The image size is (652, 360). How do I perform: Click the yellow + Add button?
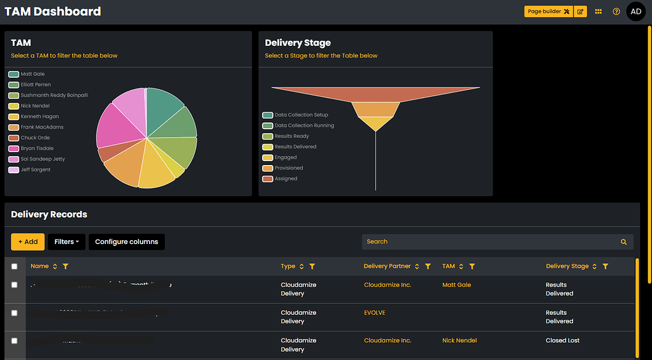pyautogui.click(x=27, y=242)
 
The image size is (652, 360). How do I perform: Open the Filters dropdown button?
pyautogui.click(x=66, y=242)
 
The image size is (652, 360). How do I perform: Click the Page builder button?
pyautogui.click(x=547, y=11)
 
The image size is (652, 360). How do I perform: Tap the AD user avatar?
pyautogui.click(x=635, y=11)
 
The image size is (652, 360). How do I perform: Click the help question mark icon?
pyautogui.click(x=616, y=11)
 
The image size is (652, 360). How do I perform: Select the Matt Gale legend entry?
pyautogui.click(x=33, y=74)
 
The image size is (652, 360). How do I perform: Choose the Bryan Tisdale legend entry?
pyautogui.click(x=36, y=148)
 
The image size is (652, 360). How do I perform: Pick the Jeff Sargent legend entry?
pyautogui.click(x=35, y=170)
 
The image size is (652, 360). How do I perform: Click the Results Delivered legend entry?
pyautogui.click(x=295, y=147)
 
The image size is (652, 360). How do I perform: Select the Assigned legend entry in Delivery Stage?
pyautogui.click(x=286, y=179)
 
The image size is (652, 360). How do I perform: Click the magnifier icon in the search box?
pyautogui.click(x=623, y=242)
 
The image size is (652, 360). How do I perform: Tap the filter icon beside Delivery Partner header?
pyautogui.click(x=428, y=266)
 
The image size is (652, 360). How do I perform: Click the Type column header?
pyautogui.click(x=288, y=266)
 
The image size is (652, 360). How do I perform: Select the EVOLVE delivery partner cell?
pyautogui.click(x=375, y=313)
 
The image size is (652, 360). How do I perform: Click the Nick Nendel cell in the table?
pyautogui.click(x=459, y=341)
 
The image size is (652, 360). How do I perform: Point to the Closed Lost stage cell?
pyautogui.click(x=562, y=341)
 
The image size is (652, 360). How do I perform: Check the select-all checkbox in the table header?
pyautogui.click(x=15, y=266)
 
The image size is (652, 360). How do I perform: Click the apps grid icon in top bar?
pyautogui.click(x=598, y=11)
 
